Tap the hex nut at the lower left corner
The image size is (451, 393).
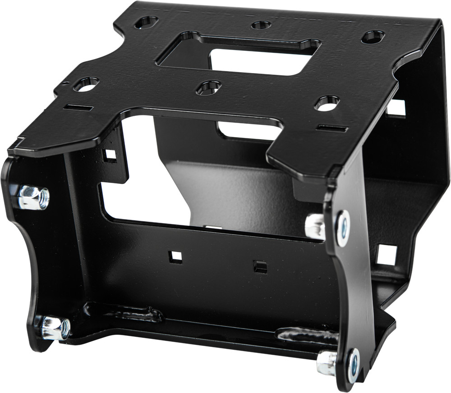click(x=55, y=328)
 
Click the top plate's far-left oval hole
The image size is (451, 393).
click(x=86, y=84)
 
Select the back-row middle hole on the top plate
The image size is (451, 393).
click(x=261, y=25)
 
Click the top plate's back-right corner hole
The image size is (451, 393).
click(x=373, y=37)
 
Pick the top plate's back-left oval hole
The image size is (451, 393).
click(x=146, y=22)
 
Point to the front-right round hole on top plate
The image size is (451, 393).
click(x=327, y=104)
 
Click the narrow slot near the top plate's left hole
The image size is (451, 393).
click(x=78, y=108)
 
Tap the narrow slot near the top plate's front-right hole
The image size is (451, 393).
click(x=332, y=128)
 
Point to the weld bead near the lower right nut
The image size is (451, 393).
click(x=307, y=336)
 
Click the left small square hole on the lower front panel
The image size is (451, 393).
click(x=175, y=257)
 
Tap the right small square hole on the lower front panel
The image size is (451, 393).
click(x=260, y=267)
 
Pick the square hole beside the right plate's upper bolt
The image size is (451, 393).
click(x=387, y=255)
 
